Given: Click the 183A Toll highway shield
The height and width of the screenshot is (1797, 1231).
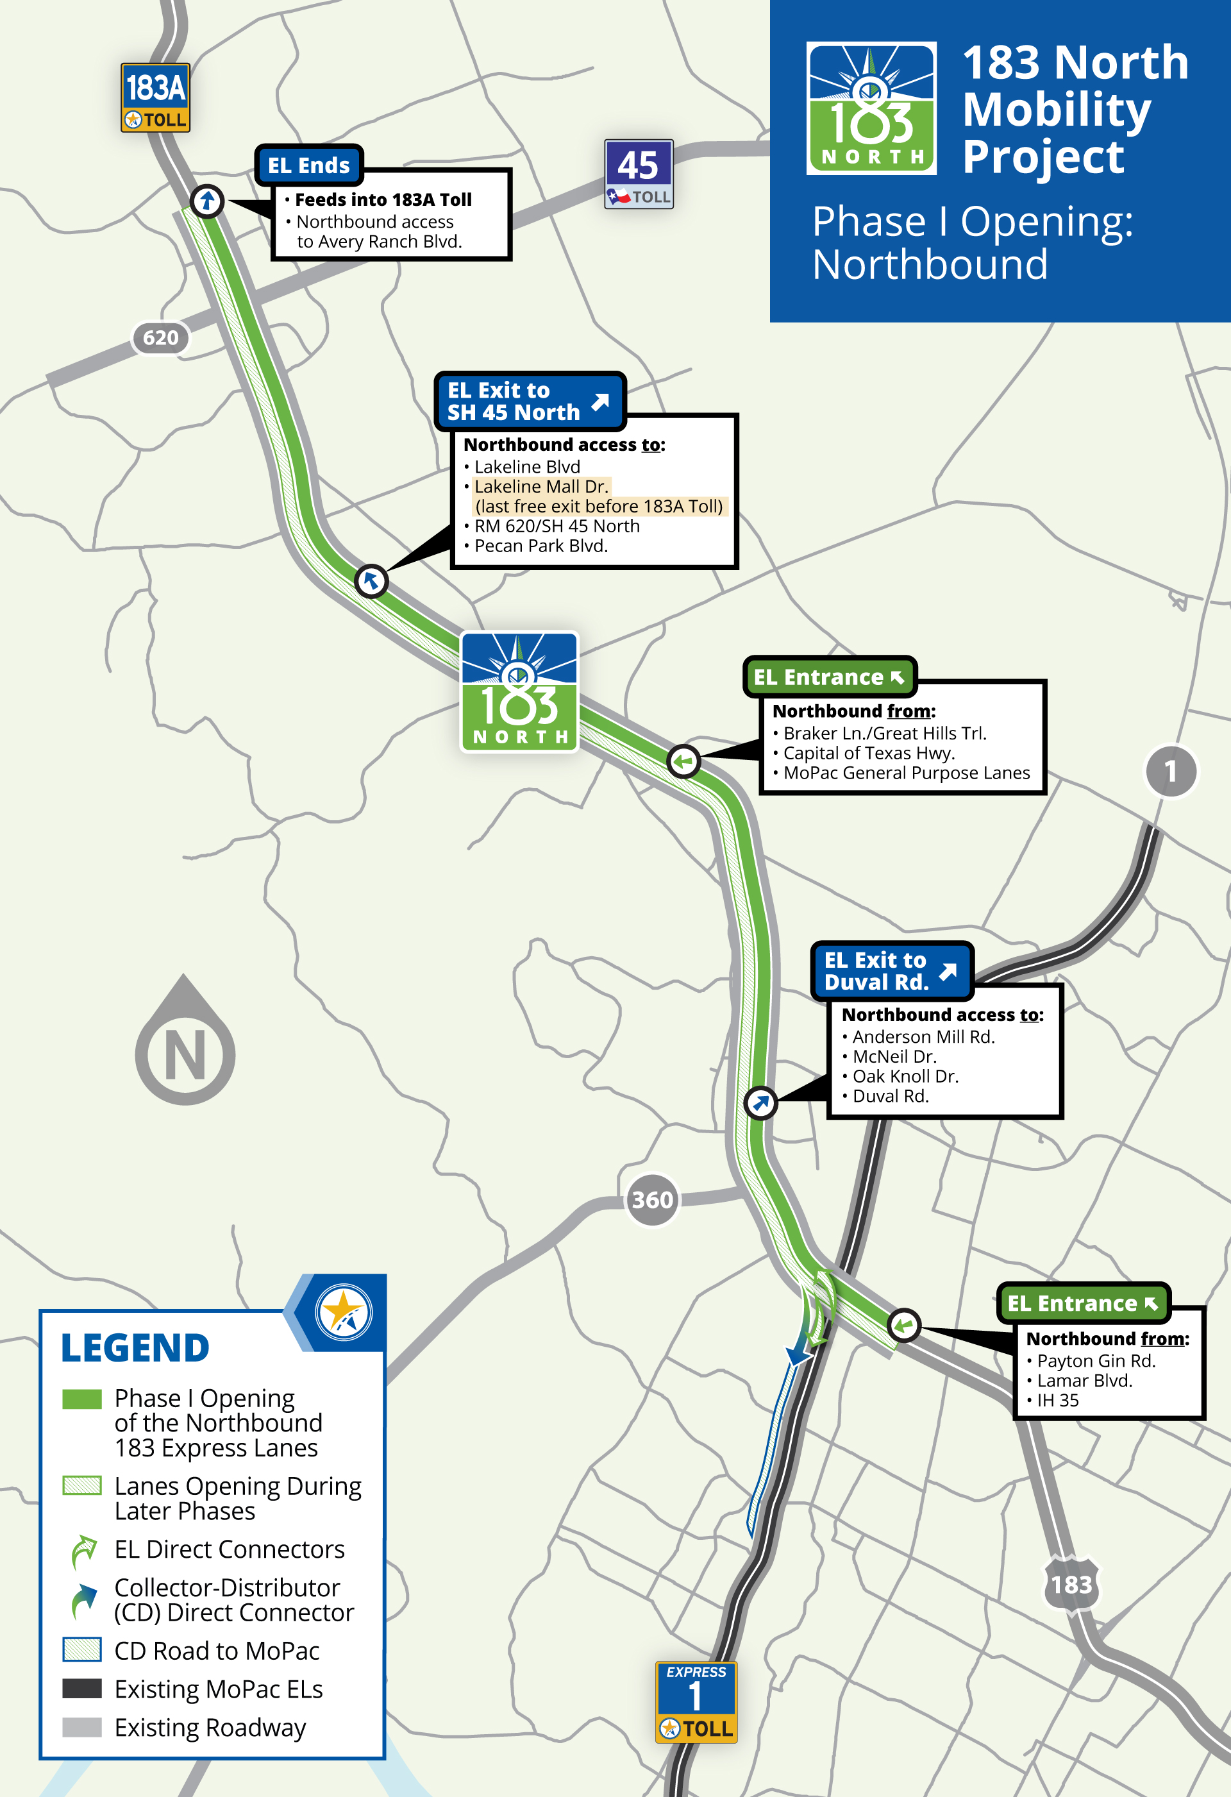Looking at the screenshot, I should [155, 98].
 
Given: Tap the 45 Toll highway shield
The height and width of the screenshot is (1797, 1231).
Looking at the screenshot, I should [639, 174].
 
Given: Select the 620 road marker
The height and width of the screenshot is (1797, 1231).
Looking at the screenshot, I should [160, 338].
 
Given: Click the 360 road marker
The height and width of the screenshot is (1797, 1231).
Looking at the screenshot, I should [652, 1199].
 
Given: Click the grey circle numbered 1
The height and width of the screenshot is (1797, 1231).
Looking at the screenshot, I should [1171, 771].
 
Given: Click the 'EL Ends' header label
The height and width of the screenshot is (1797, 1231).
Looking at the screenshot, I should [308, 165].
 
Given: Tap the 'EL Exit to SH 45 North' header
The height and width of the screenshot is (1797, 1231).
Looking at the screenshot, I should [529, 401].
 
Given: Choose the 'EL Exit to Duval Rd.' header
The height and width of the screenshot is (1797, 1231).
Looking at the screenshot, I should [891, 971].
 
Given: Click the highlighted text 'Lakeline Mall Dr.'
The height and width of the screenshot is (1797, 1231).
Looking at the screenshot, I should [541, 486].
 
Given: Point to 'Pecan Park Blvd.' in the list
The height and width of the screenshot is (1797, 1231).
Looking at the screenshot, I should [540, 546].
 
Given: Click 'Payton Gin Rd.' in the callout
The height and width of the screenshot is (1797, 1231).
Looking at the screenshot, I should [1096, 1361].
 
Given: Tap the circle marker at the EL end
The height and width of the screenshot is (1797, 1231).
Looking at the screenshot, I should [206, 201].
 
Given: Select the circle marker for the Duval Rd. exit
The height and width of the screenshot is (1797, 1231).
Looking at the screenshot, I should [760, 1102].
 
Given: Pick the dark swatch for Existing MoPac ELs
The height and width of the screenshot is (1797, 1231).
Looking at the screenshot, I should [82, 1689].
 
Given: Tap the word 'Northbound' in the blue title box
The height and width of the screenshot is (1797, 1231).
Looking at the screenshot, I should [930, 264].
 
